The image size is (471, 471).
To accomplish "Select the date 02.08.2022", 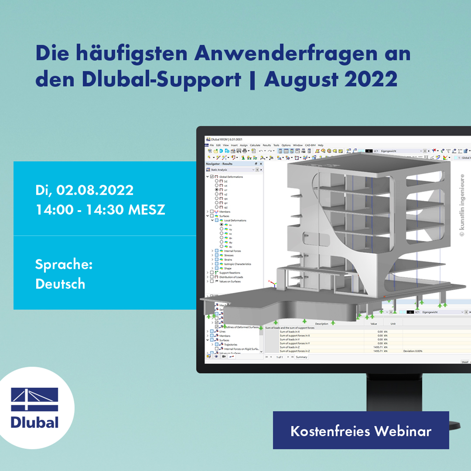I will pyautogui.click(x=95, y=190).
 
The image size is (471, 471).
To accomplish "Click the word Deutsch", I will pyautogui.click(x=60, y=284).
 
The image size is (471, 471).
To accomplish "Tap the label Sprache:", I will pyautogui.click(x=64, y=264).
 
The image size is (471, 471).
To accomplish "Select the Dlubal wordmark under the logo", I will pyautogui.click(x=35, y=422).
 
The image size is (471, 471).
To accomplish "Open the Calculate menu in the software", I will pyautogui.click(x=255, y=145).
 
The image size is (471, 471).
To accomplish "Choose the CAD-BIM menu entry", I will pyautogui.click(x=310, y=145).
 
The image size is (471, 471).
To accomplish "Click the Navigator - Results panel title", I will pyautogui.click(x=219, y=163).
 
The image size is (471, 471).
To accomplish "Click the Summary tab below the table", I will pyautogui.click(x=301, y=357).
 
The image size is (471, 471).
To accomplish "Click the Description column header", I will pyautogui.click(x=322, y=323).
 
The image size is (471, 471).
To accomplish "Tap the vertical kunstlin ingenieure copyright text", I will pyautogui.click(x=462, y=206).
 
